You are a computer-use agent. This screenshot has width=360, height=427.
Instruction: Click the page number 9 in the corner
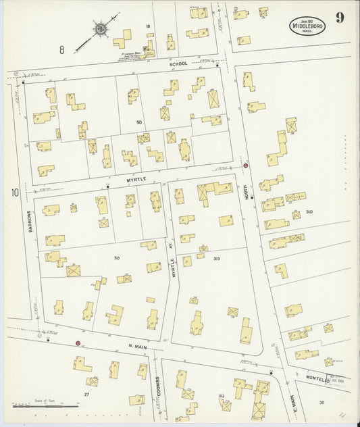click(339, 18)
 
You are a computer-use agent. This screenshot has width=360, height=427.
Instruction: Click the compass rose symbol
click(99, 29)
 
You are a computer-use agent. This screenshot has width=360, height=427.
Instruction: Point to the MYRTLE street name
click(135, 180)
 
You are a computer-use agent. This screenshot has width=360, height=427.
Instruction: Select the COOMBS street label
click(157, 388)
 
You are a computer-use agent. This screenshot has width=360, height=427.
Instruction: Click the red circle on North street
click(246, 166)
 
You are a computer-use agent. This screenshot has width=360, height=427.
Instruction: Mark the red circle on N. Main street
click(78, 343)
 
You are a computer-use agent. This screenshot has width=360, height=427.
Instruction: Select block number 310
click(309, 212)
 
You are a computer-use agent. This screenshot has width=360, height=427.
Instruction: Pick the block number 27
click(86, 393)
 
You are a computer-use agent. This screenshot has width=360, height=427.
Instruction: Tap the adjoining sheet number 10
click(14, 193)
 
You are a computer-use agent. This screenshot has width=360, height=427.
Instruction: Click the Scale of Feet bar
click(54, 404)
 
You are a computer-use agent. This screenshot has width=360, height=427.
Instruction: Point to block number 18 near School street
click(147, 26)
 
